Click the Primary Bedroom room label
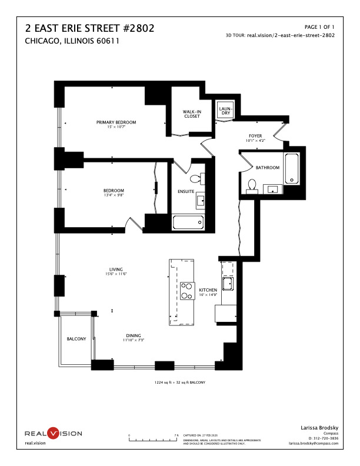(x=116, y=122)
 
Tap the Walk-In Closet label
(x=192, y=114)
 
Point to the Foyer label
(x=255, y=136)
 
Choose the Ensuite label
(x=186, y=191)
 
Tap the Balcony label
(x=76, y=338)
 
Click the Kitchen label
(x=208, y=291)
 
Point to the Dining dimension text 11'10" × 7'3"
(x=134, y=340)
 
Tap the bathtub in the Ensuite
(x=188, y=222)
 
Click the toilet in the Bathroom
(x=252, y=185)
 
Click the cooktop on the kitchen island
(x=187, y=291)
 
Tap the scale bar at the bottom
(x=153, y=439)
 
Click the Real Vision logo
(x=53, y=434)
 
